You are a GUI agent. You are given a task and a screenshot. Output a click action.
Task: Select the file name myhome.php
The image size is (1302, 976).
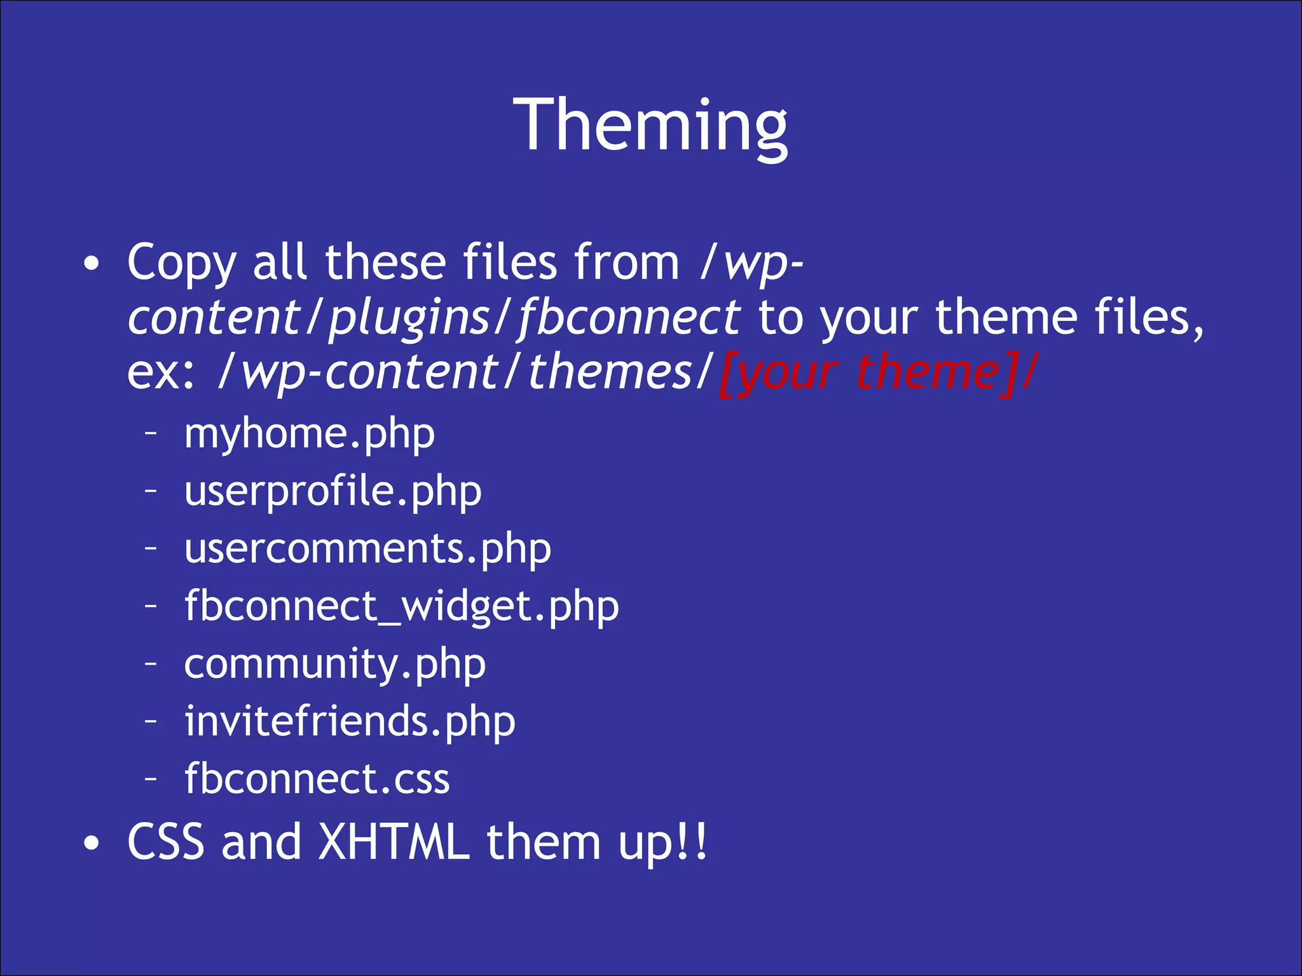coord(310,435)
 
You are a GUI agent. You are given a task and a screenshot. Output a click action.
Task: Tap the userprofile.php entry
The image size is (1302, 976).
coord(332,492)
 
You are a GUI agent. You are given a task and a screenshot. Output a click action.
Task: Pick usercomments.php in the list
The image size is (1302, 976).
coord(367,549)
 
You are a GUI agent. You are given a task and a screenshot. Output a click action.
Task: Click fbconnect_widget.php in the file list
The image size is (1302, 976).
coord(401,607)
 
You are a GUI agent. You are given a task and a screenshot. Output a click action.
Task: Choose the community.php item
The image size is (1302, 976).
coord(335,665)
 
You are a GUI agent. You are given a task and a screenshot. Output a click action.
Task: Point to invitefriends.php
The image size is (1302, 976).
coord(350,722)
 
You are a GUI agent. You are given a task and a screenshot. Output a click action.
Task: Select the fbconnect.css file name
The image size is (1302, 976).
coord(317,779)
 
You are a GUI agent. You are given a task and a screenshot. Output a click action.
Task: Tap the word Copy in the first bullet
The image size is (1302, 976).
coord(181,263)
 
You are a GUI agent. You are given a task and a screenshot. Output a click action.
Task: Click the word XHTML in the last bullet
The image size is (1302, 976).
coord(394,843)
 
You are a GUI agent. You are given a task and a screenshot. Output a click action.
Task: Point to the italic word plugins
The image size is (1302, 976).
coord(409,318)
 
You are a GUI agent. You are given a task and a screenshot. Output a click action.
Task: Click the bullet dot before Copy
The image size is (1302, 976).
coord(92,264)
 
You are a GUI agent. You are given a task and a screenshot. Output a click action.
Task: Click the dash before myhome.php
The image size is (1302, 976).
coord(151,434)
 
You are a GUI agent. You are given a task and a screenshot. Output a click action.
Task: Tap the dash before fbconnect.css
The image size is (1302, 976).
coord(151,778)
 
